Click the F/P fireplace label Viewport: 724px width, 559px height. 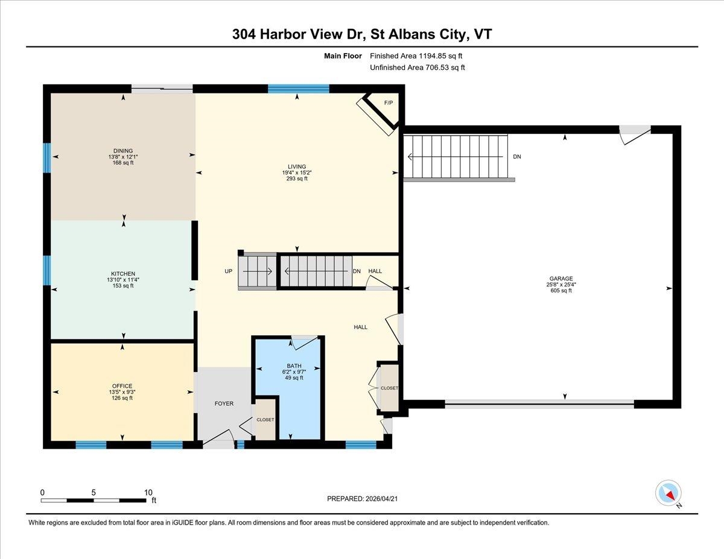(x=389, y=103)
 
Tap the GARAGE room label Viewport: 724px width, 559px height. (x=561, y=279)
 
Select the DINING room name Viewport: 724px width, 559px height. (x=123, y=151)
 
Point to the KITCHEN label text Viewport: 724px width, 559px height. (x=123, y=274)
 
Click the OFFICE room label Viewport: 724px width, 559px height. (x=122, y=386)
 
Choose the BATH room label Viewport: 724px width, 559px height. (x=294, y=366)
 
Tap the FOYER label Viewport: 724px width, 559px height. (x=224, y=403)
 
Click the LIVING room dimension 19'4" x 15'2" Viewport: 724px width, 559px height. (x=297, y=172)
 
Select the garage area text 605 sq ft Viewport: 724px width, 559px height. (x=561, y=290)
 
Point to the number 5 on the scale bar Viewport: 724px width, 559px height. (x=94, y=493)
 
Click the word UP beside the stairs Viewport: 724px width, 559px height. (x=228, y=271)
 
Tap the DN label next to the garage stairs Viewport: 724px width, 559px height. (x=517, y=156)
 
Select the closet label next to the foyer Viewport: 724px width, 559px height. (x=265, y=420)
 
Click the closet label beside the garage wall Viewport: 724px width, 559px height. (x=389, y=388)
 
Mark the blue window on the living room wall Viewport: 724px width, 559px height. (x=299, y=89)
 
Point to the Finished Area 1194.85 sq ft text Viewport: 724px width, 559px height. (x=416, y=56)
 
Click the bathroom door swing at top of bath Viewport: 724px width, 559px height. (x=304, y=343)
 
